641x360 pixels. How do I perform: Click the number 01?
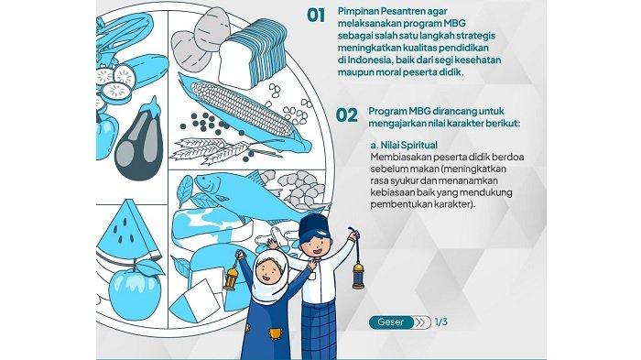point(316,16)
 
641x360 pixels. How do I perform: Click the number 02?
point(347,115)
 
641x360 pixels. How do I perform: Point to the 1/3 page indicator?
point(441,322)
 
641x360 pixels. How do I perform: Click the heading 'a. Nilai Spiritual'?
point(404,146)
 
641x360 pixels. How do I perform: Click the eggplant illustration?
point(139,141)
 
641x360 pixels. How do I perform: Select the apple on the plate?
point(136,290)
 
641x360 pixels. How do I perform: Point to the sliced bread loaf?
point(253,53)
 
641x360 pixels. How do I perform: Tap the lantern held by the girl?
point(232,277)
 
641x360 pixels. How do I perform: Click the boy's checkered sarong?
point(319,331)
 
